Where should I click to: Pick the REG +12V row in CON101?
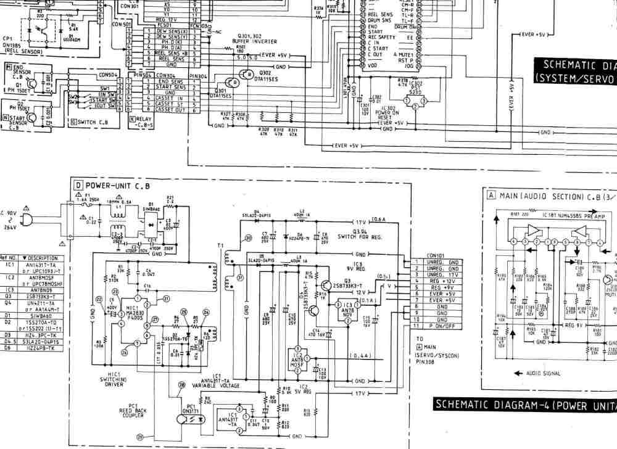pyautogui.click(x=442, y=281)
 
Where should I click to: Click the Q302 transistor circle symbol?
pyautogui.click(x=247, y=75)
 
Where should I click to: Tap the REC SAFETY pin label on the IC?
pyautogui.click(x=381, y=37)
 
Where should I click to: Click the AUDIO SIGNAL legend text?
pyautogui.click(x=543, y=373)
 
